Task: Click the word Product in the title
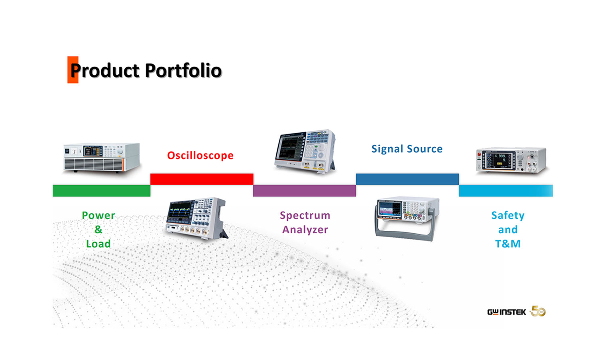click(x=105, y=71)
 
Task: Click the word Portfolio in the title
click(x=183, y=71)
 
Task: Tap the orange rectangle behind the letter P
click(x=73, y=70)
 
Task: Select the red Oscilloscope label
click(x=200, y=155)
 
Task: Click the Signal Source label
click(x=407, y=149)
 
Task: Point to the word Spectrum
click(x=305, y=216)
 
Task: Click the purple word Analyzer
click(x=305, y=230)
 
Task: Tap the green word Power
click(x=98, y=216)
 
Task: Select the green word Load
click(x=98, y=244)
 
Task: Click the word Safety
click(x=508, y=216)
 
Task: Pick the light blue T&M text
click(x=508, y=244)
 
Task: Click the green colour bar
click(x=101, y=191)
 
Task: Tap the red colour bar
click(x=202, y=179)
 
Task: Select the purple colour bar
click(x=305, y=191)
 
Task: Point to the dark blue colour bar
click(x=407, y=179)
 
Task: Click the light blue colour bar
click(x=506, y=191)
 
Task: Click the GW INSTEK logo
click(x=506, y=312)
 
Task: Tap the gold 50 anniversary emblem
click(x=538, y=311)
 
